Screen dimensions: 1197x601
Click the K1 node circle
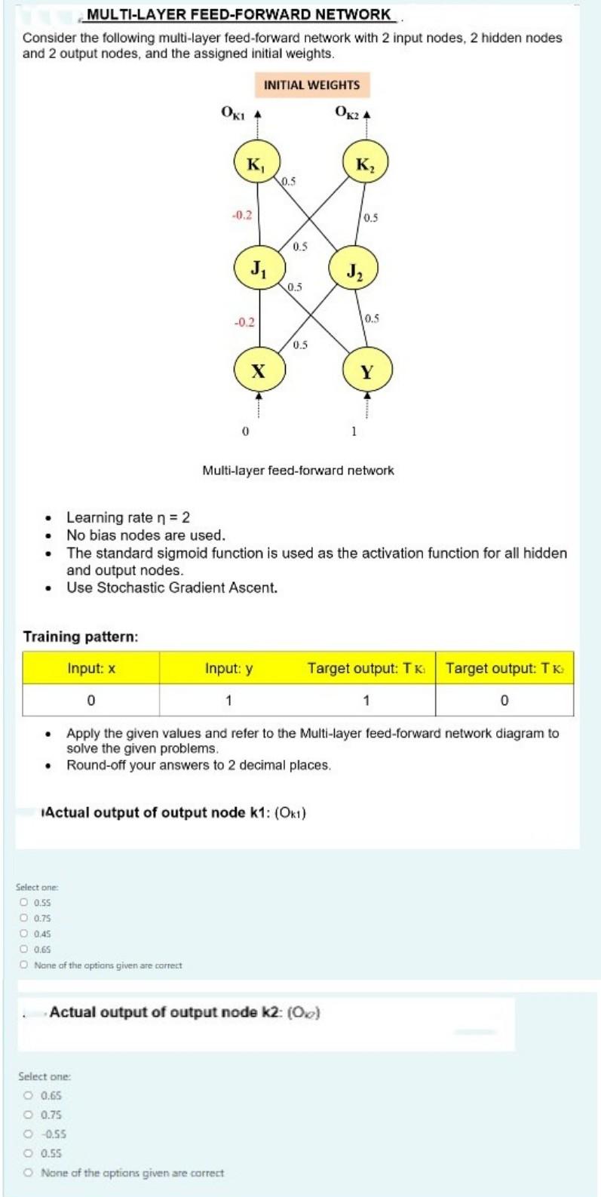pyautogui.click(x=257, y=164)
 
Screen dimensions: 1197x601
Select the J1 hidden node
pyautogui.click(x=257, y=268)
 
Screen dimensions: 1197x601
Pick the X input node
pyautogui.click(x=257, y=370)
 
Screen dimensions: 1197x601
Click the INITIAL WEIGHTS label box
pyautogui.click(x=311, y=85)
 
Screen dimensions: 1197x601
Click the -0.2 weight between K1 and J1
pyautogui.click(x=242, y=215)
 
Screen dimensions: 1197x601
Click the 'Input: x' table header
pyautogui.click(x=90, y=668)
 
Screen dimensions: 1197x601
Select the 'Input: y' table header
pyautogui.click(x=228, y=668)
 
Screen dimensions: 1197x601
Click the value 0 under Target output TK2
pyautogui.click(x=504, y=701)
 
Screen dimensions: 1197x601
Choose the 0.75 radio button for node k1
pyautogui.click(x=24, y=918)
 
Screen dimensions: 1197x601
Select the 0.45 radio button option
pyautogui.click(x=24, y=934)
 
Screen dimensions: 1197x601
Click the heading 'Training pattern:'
pyautogui.click(x=81, y=637)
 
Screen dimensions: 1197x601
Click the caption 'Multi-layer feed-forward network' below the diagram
pyautogui.click(x=298, y=471)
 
